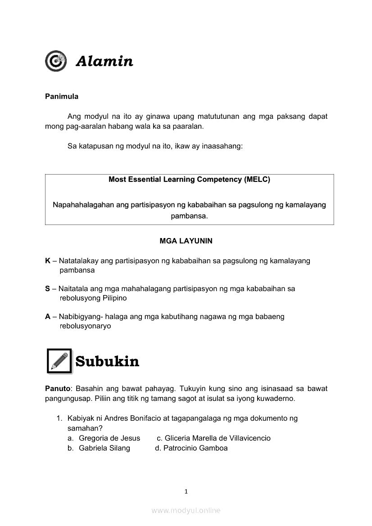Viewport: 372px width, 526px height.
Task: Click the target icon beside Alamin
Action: point(56,61)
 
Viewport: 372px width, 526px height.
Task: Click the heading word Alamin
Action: point(104,61)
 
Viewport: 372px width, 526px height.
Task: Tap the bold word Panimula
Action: point(62,96)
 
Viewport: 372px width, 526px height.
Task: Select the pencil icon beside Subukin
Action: point(59,361)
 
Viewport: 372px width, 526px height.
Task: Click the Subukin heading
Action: point(107,361)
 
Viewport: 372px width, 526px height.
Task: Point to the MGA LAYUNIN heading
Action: point(186,241)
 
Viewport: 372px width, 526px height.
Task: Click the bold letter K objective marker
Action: point(48,261)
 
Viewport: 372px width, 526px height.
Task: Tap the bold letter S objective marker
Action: point(47,289)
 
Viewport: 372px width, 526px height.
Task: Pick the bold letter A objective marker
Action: point(48,317)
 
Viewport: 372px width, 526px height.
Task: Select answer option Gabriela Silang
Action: point(104,448)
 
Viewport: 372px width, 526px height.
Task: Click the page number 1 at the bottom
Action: point(186,491)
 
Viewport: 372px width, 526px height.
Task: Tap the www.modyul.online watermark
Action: point(186,510)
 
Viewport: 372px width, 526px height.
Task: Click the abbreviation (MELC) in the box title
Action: point(257,180)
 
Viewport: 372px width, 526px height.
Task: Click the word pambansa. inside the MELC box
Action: point(189,216)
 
